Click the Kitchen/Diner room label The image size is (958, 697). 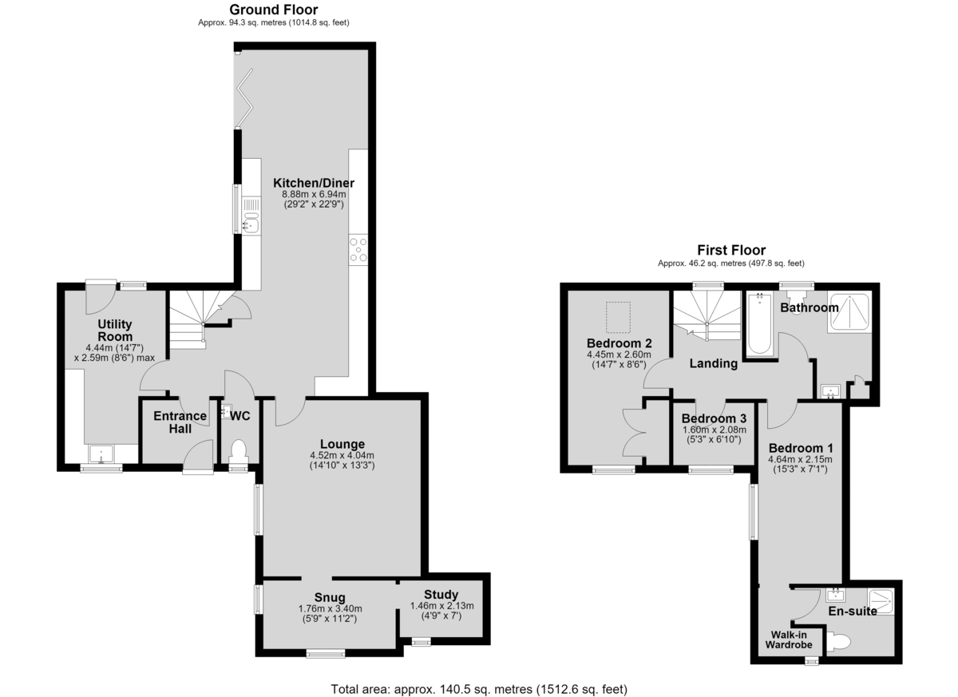[x=314, y=183]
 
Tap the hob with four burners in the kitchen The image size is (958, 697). [x=358, y=250]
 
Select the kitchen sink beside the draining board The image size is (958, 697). [x=251, y=225]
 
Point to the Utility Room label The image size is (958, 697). [x=115, y=330]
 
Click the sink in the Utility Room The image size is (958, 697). [x=101, y=454]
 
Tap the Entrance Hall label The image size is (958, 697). [x=180, y=422]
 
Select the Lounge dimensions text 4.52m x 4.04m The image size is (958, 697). [x=342, y=455]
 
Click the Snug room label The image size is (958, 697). [x=329, y=597]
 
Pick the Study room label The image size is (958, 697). [x=441, y=594]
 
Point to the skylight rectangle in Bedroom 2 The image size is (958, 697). [x=618, y=317]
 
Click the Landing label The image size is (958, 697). [x=714, y=363]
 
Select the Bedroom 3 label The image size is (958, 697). [x=714, y=418]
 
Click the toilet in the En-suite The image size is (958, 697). [x=838, y=641]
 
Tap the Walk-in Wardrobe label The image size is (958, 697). [x=789, y=640]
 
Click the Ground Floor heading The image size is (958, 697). [x=274, y=10]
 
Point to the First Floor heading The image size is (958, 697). [x=731, y=250]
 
